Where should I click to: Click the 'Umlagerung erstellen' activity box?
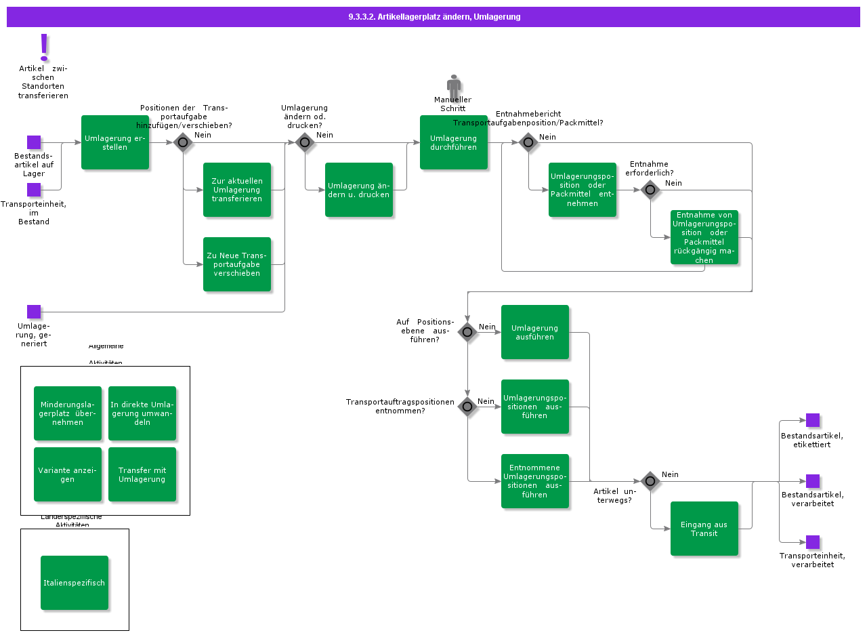click(x=115, y=142)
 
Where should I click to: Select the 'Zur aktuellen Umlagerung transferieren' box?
click(x=237, y=190)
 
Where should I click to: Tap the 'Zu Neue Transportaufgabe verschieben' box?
click(x=237, y=264)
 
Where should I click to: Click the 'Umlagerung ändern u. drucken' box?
click(x=359, y=190)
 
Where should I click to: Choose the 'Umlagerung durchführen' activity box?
click(x=454, y=142)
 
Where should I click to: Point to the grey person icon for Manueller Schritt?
click(x=454, y=86)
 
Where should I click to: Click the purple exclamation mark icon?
click(x=45, y=47)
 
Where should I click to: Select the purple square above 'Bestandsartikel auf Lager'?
click(x=34, y=142)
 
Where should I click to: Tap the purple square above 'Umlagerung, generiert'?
click(x=34, y=312)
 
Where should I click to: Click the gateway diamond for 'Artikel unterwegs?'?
click(x=650, y=481)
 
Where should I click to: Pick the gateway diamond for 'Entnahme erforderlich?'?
click(x=650, y=190)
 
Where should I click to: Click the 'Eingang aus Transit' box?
click(x=704, y=529)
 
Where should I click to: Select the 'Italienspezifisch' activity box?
click(x=75, y=583)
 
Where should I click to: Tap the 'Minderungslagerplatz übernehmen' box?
click(x=68, y=413)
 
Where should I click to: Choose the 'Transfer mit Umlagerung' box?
click(x=142, y=474)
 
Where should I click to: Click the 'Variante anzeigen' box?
click(x=68, y=474)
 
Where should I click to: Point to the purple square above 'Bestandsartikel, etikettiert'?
click(x=813, y=420)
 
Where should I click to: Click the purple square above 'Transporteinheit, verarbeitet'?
click(x=813, y=542)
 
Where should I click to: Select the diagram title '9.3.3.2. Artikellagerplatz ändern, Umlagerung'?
click(x=433, y=17)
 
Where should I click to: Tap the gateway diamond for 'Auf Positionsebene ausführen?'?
click(x=467, y=332)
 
